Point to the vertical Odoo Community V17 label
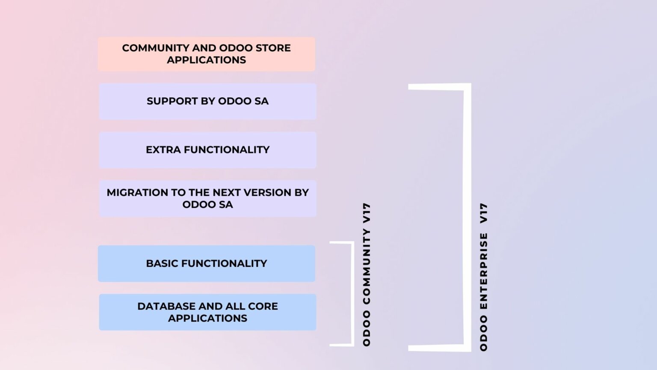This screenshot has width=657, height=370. click(367, 274)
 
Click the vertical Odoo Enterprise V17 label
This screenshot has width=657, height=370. click(484, 277)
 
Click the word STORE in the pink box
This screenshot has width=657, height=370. click(273, 48)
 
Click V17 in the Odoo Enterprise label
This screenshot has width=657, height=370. click(484, 213)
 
